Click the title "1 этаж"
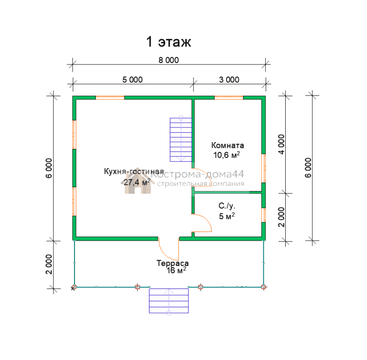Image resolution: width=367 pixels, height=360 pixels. pyautogui.click(x=169, y=42)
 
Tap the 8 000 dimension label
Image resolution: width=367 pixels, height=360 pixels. pyautogui.click(x=169, y=60)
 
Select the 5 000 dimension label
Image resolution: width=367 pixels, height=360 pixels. pyautogui.click(x=132, y=80)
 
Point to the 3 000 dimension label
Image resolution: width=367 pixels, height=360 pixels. pyautogui.click(x=229, y=80)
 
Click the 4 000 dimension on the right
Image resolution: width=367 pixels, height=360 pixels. pyautogui.click(x=281, y=144)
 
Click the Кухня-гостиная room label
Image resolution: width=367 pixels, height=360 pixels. pyautogui.click(x=134, y=171)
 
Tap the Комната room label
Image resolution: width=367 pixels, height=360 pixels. pyautogui.click(x=227, y=145)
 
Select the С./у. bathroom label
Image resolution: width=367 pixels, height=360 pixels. pyautogui.click(x=227, y=206)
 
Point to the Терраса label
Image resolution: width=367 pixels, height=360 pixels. pyautogui.click(x=173, y=263)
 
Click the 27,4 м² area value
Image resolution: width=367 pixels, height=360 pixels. pyautogui.click(x=137, y=182)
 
